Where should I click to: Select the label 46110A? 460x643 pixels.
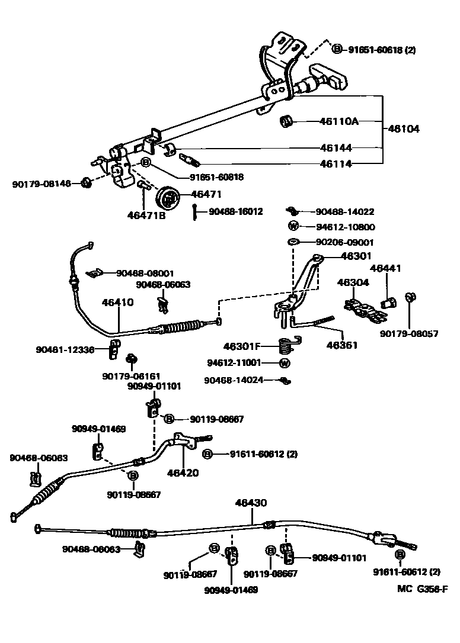pyautogui.click(x=339, y=121)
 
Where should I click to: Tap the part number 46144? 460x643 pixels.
pyautogui.click(x=336, y=147)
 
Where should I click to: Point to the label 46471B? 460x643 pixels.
pyautogui.click(x=146, y=216)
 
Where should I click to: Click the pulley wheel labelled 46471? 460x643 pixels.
pyautogui.click(x=169, y=197)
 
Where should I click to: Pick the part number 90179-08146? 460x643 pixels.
pyautogui.click(x=41, y=184)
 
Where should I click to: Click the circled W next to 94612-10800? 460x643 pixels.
pyautogui.click(x=293, y=226)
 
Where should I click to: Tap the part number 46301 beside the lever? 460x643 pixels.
pyautogui.click(x=356, y=257)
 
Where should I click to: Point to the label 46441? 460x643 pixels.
pyautogui.click(x=386, y=269)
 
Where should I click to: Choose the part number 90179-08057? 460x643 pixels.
pyautogui.click(x=409, y=334)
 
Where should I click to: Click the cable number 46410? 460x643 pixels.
pyautogui.click(x=117, y=301)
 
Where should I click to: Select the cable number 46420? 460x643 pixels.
pyautogui.click(x=183, y=473)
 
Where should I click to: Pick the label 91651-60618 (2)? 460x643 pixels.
pyautogui.click(x=382, y=50)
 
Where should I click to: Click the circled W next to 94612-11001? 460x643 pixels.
pyautogui.click(x=285, y=363)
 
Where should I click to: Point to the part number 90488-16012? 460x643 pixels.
pyautogui.click(x=235, y=211)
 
